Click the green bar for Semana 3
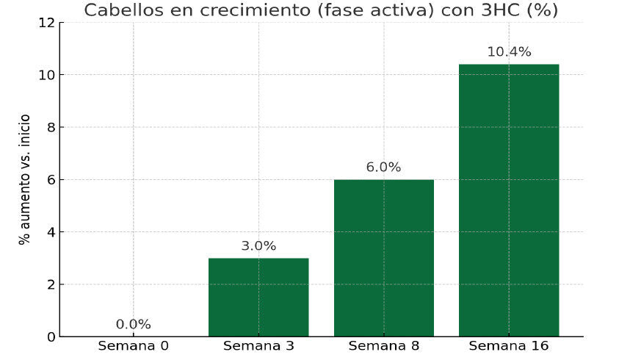pyautogui.click(x=258, y=297)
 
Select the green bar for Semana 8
pyautogui.click(x=384, y=258)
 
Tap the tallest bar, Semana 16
pyautogui.click(x=509, y=201)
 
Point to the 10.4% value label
pyautogui.click(x=510, y=51)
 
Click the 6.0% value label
pyautogui.click(x=383, y=168)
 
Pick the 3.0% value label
pyautogui.click(x=258, y=246)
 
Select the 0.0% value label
pyautogui.click(x=134, y=325)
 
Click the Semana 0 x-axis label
pyautogui.click(x=134, y=346)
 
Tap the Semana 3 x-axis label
pyautogui.click(x=258, y=346)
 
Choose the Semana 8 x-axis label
pyautogui.click(x=384, y=346)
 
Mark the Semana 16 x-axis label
pyautogui.click(x=509, y=346)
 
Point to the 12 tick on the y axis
pyautogui.click(x=47, y=23)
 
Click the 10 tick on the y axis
pyautogui.click(x=47, y=75)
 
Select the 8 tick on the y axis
pyautogui.click(x=51, y=127)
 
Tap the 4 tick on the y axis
pyautogui.click(x=51, y=232)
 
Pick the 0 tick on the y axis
pyautogui.click(x=51, y=337)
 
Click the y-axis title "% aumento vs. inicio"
pyautogui.click(x=24, y=180)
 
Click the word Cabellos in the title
pyautogui.click(x=124, y=10)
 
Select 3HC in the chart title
pyautogui.click(x=501, y=10)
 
